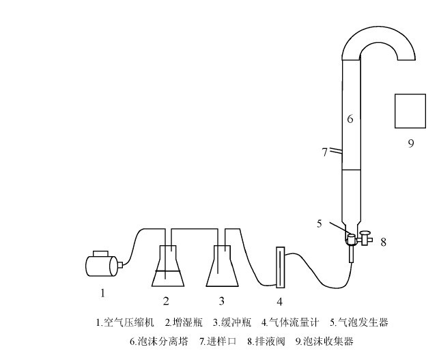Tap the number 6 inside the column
pyautogui.click(x=350, y=119)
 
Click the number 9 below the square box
pyautogui.click(x=410, y=144)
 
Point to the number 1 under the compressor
pyautogui.click(x=102, y=294)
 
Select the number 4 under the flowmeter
pyautogui.click(x=279, y=301)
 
